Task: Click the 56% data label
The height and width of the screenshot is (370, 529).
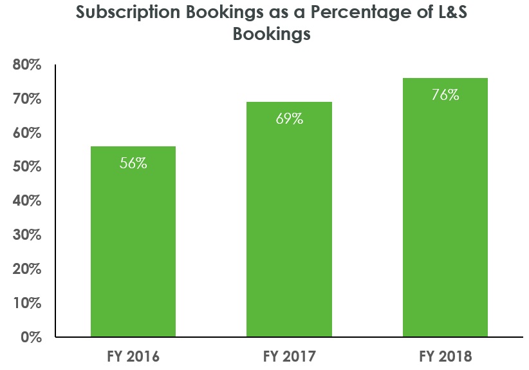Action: click(133, 163)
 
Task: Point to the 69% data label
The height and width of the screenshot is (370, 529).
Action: click(289, 119)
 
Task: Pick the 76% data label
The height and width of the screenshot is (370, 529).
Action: click(445, 95)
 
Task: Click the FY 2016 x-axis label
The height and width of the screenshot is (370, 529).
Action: click(133, 356)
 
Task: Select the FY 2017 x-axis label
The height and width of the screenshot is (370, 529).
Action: click(289, 356)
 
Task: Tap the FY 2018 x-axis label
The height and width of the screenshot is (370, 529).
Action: click(445, 356)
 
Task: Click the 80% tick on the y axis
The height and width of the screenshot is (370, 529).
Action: click(27, 65)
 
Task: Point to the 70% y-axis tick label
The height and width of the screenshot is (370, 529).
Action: click(27, 99)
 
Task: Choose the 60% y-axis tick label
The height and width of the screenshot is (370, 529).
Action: click(27, 133)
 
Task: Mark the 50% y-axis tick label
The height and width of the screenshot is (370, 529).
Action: click(27, 167)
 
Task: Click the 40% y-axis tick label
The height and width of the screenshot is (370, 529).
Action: click(27, 201)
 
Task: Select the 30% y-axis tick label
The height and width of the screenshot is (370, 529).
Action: click(27, 235)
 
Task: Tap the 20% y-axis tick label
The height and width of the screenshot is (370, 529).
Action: click(27, 269)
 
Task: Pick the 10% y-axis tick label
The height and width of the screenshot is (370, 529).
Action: click(27, 303)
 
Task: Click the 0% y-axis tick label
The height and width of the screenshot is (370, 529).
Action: click(31, 337)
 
